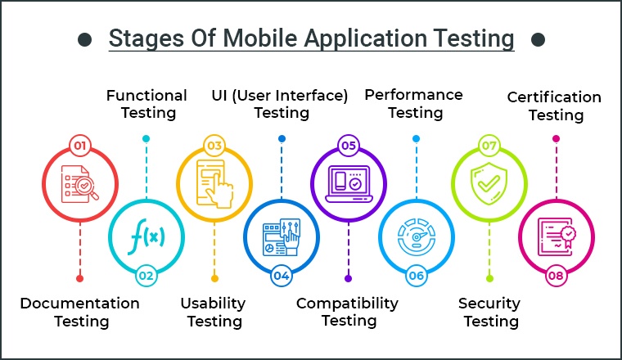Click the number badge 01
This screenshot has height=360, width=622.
click(80, 146)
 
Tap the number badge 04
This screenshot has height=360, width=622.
click(282, 276)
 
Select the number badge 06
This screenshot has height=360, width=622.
click(416, 276)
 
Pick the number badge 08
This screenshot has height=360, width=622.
click(556, 276)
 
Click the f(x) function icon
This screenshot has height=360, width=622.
click(147, 236)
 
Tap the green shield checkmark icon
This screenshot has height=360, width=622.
click(489, 183)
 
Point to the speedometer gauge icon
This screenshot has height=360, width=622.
click(417, 237)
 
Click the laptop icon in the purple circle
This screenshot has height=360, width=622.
click(349, 184)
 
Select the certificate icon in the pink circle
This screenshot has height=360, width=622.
click(557, 237)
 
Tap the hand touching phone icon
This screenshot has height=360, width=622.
click(214, 184)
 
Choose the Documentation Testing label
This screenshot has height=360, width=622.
click(80, 312)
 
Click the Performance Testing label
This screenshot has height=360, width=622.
click(414, 103)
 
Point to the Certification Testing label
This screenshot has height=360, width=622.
click(554, 106)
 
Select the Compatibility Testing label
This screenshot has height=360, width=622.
click(348, 312)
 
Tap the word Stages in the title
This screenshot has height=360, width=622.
click(146, 39)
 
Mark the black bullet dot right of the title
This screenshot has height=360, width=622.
click(538, 39)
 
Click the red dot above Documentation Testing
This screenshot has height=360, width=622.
click(79, 278)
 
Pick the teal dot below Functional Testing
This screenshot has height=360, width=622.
click(146, 138)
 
